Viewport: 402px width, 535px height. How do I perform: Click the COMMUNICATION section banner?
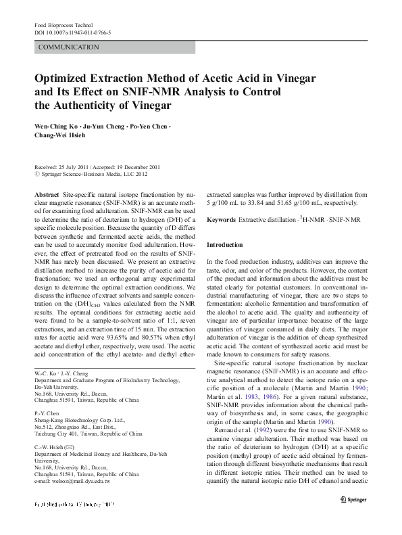pos(70,48)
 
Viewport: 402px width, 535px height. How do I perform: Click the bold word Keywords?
pos(220,220)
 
